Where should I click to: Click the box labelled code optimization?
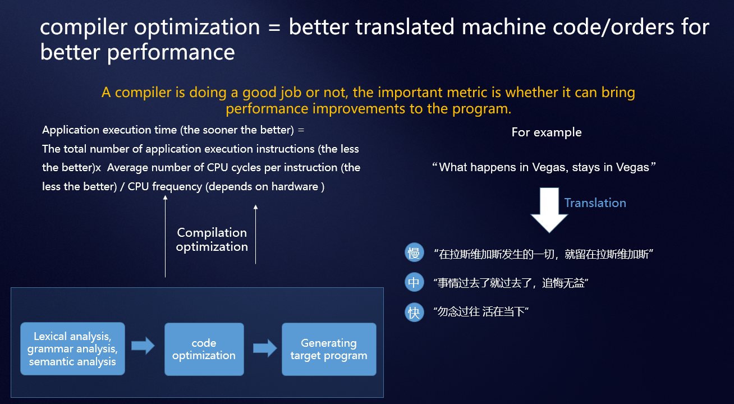pyautogui.click(x=204, y=349)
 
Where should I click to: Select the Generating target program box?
pyautogui.click(x=329, y=349)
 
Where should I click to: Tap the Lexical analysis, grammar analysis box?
pyautogui.click(x=72, y=348)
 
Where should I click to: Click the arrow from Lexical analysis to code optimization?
pyautogui.click(x=143, y=346)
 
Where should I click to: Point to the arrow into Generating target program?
pyautogui.click(x=265, y=348)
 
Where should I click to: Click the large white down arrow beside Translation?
pyautogui.click(x=549, y=210)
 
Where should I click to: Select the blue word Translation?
pyautogui.click(x=595, y=203)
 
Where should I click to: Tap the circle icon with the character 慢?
pyautogui.click(x=414, y=252)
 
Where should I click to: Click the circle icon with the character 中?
pyautogui.click(x=414, y=282)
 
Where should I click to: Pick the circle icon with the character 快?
pyautogui.click(x=414, y=312)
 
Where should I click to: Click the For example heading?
pyautogui.click(x=547, y=132)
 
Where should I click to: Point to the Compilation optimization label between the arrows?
pyautogui.click(x=212, y=240)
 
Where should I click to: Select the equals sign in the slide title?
pyautogui.click(x=274, y=27)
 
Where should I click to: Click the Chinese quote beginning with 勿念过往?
pyautogui.click(x=481, y=311)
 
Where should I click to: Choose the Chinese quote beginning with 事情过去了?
pyautogui.click(x=511, y=283)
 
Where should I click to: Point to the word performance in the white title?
pyautogui.click(x=171, y=52)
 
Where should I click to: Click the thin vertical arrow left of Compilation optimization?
pyautogui.click(x=165, y=236)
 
